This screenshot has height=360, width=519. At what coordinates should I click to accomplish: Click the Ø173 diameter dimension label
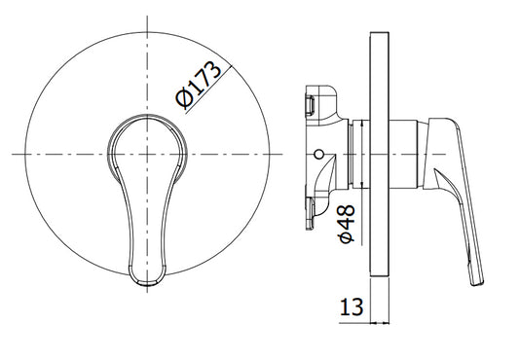point(198,85)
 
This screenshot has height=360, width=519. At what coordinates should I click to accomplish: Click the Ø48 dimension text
point(347,224)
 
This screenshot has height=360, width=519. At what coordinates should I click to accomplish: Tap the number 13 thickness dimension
point(352,306)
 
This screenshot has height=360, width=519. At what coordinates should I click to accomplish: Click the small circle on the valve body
point(319,154)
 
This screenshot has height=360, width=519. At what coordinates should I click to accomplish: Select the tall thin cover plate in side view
point(380,154)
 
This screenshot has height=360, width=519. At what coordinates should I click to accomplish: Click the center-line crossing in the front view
point(147,154)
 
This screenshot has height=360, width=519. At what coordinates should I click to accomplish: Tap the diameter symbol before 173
point(184,99)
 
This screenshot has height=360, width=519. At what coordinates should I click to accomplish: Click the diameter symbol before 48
point(347,236)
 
